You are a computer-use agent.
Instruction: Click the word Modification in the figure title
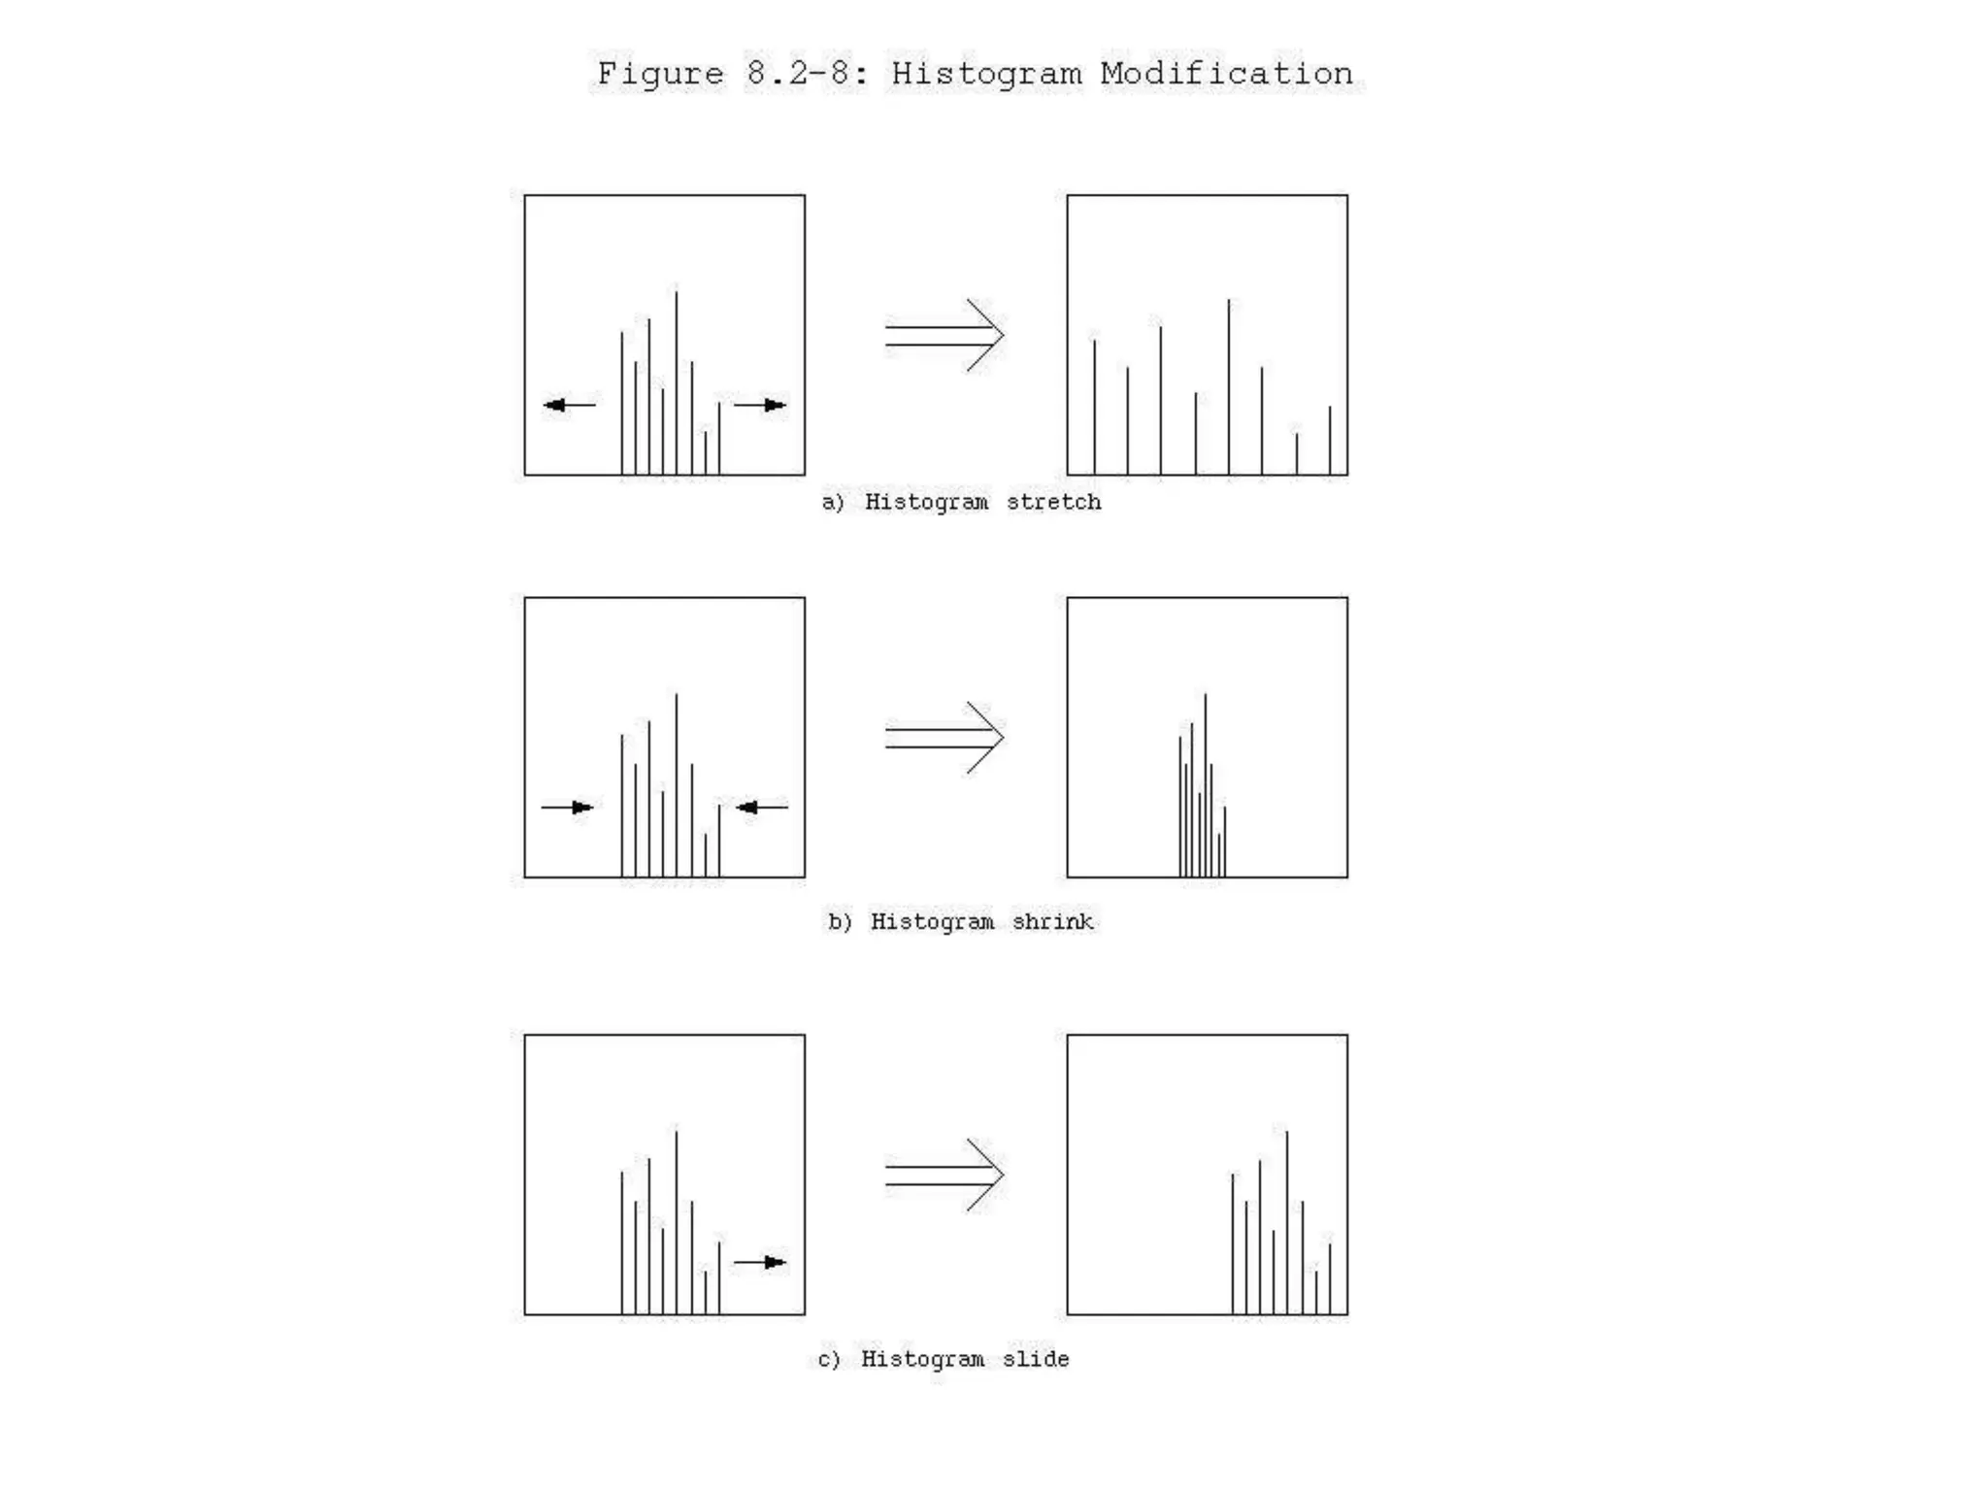[1226, 74]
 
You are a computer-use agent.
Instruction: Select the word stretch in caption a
[1053, 502]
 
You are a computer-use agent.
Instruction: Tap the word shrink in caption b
[1052, 921]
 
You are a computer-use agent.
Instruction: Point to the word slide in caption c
[1036, 1359]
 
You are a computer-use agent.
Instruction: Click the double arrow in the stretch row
[944, 335]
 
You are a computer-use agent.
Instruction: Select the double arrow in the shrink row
[944, 738]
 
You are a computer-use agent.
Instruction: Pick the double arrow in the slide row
[944, 1175]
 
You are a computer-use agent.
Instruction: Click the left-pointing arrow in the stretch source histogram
[569, 405]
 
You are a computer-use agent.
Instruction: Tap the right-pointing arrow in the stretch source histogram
[760, 405]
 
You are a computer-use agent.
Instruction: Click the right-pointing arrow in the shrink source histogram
[568, 808]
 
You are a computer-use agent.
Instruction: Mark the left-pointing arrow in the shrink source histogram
[762, 808]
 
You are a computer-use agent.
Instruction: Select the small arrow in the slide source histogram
[760, 1262]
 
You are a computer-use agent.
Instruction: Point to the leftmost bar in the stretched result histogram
[1095, 408]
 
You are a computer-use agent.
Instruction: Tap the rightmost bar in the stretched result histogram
[1330, 441]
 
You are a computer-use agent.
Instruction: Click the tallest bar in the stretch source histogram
[677, 382]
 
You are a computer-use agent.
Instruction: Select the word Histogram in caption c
[922, 1359]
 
